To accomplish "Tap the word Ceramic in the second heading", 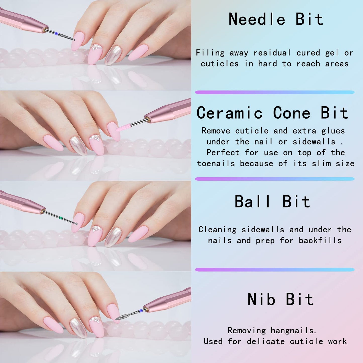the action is [229, 113].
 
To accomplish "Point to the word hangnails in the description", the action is [293, 330].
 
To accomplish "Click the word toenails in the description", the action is [216, 163].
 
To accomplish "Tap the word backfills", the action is [320, 241].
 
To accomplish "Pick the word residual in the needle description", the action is [272, 53].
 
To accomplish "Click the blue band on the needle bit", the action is [57, 33].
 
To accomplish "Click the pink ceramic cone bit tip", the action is [124, 127].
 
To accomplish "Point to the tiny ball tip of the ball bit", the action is [76, 224].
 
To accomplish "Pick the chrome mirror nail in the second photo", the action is [78, 146].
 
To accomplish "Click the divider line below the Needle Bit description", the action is [275, 92].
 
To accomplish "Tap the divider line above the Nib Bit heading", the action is [275, 270].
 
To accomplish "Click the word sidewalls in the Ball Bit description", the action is [263, 230].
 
